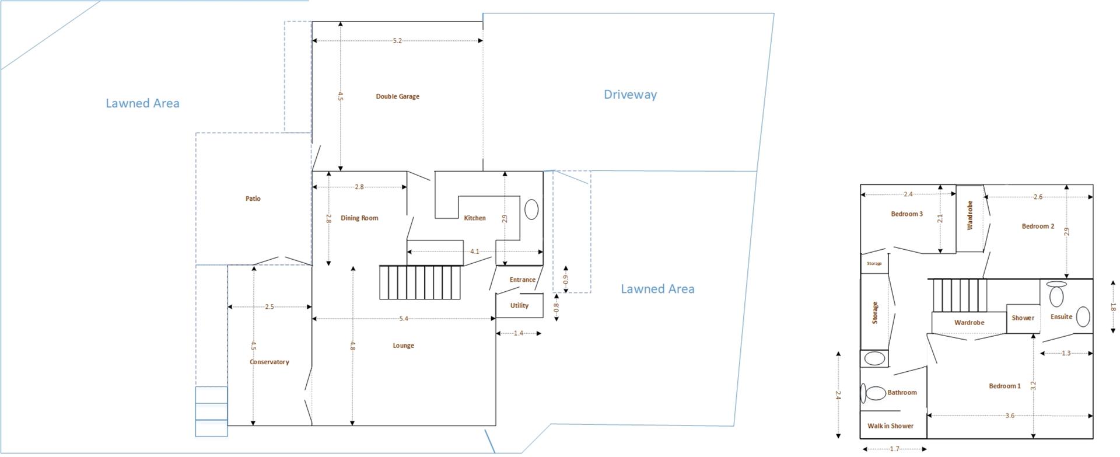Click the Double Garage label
click(x=397, y=96)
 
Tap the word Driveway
click(x=630, y=95)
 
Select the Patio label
click(x=253, y=198)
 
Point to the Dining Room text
click(x=359, y=218)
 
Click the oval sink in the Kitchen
click(x=531, y=210)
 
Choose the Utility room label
click(x=519, y=305)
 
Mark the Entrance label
click(x=522, y=280)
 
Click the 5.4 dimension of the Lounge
click(x=404, y=319)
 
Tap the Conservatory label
click(x=269, y=362)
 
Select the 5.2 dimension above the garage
click(x=397, y=41)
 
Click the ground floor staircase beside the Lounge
click(x=421, y=282)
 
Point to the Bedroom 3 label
click(x=907, y=214)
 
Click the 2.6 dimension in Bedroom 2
click(x=1038, y=197)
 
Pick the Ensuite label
click(x=1061, y=316)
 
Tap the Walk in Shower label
click(x=890, y=425)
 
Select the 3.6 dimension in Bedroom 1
click(x=1010, y=416)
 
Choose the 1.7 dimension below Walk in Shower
click(x=894, y=449)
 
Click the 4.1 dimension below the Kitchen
click(x=474, y=252)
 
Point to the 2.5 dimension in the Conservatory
click(x=269, y=306)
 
